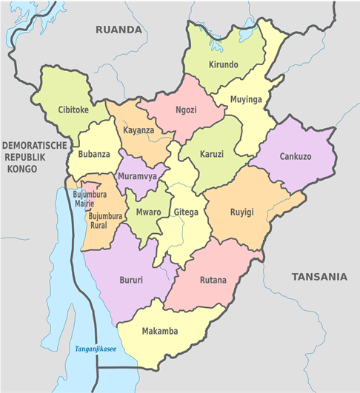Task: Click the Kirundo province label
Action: pos(224,65)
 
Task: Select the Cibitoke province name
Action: pos(73,110)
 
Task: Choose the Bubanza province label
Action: pos(93,155)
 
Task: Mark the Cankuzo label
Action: pos(296,157)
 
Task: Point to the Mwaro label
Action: pos(149,211)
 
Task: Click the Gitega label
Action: pos(186,212)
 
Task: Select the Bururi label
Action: pos(131,281)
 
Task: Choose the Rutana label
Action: pos(213,281)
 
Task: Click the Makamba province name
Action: pos(160,331)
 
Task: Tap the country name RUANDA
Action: pos(118,30)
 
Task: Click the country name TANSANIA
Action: pos(319,277)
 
